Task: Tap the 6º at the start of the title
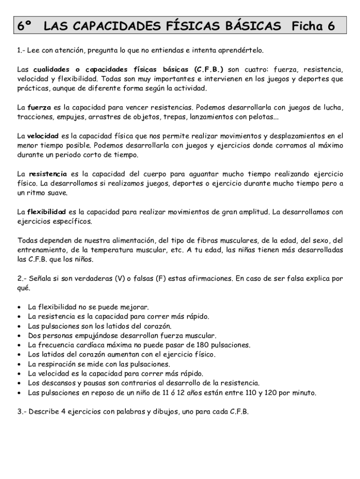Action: (24, 26)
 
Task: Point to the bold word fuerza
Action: (38, 107)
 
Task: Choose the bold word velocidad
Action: (43, 136)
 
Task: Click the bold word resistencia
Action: (48, 174)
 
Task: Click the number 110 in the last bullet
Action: (253, 393)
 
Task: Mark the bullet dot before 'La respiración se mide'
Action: (18, 364)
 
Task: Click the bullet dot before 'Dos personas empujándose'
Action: (18, 336)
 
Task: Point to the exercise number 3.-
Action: (22, 412)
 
